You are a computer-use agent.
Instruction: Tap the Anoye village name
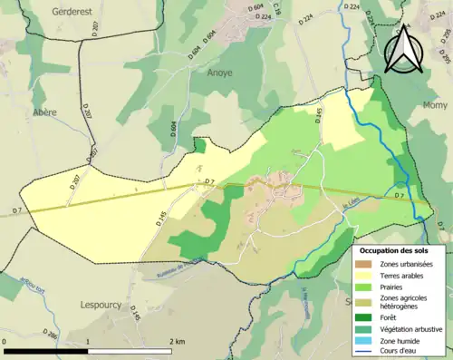click(220, 73)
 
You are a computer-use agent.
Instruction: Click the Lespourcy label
click(101, 305)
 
